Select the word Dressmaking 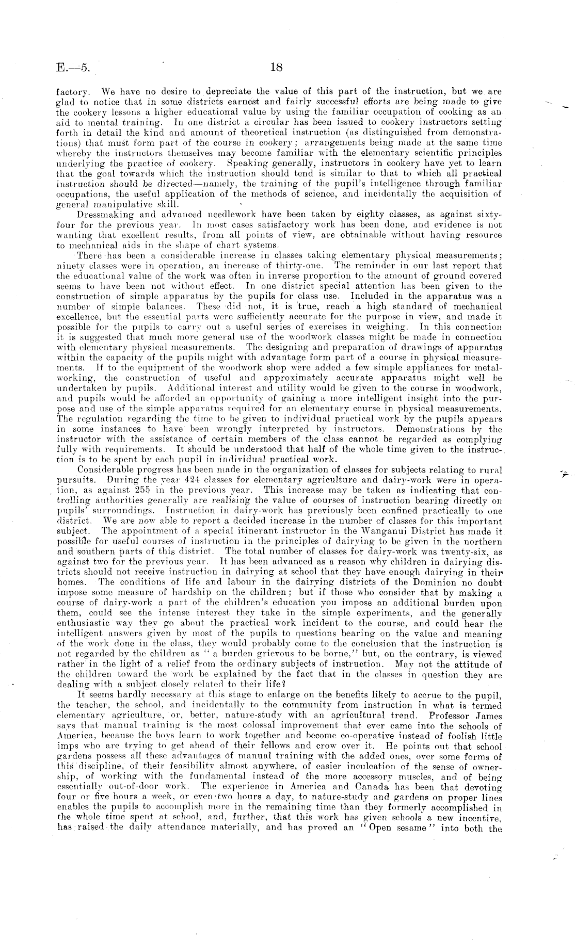tap(101, 212)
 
